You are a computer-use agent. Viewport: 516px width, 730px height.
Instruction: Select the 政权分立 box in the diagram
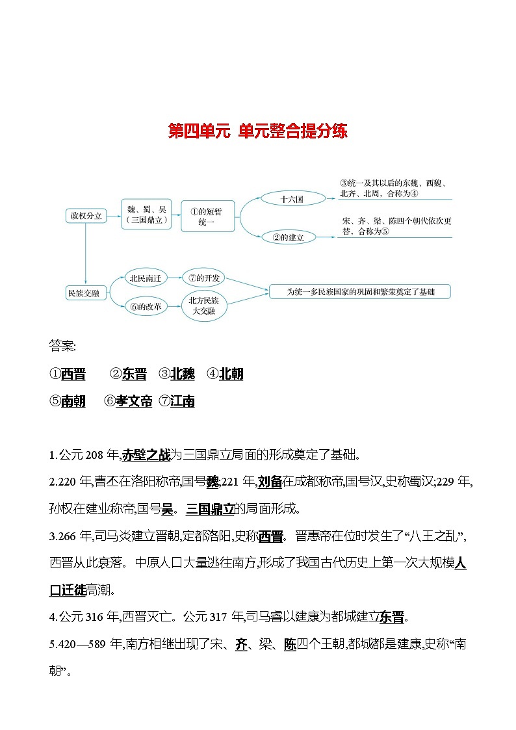click(86, 216)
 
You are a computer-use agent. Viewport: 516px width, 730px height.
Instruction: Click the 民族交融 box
click(84, 293)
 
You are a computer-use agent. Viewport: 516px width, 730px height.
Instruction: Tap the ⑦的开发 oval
click(204, 278)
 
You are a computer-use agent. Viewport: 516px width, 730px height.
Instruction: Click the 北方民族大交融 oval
click(204, 306)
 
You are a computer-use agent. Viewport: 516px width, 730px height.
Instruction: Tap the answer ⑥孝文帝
click(129, 402)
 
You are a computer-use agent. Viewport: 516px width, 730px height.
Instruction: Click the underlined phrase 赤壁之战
click(146, 454)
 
